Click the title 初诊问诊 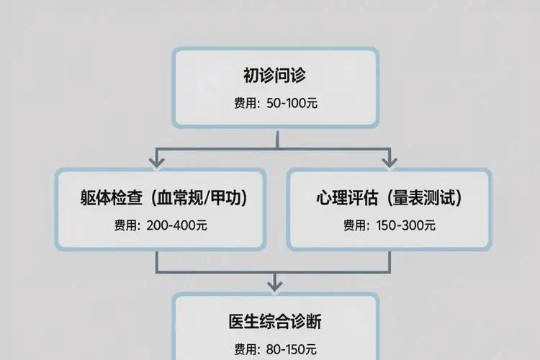coord(275,76)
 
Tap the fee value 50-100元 coord(292,104)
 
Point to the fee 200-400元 coord(176,225)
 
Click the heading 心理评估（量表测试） coord(389,198)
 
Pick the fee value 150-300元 coord(405,225)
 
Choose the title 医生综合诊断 coord(275,321)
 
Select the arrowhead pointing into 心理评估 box coord(389,160)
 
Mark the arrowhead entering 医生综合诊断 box coord(274,282)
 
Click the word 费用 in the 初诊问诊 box coord(245,104)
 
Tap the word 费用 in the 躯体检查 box coord(125,225)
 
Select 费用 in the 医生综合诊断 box coord(245,349)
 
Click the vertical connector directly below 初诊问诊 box coord(274,138)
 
